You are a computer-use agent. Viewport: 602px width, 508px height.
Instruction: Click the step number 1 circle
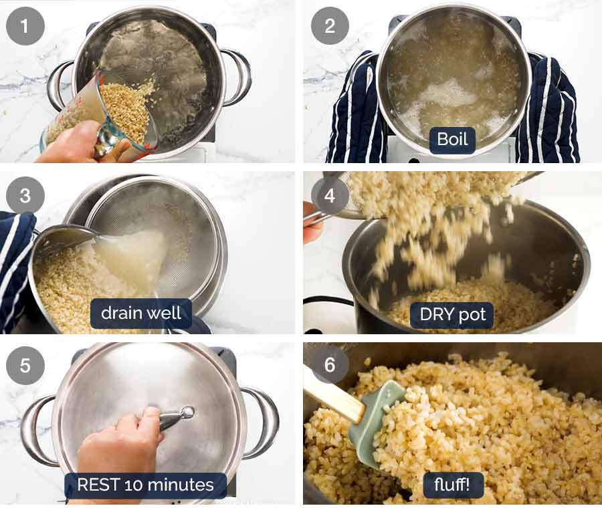pyautogui.click(x=25, y=26)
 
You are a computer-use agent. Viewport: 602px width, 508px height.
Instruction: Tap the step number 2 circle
pyautogui.click(x=330, y=26)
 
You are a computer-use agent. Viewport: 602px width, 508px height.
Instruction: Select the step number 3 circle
pyautogui.click(x=25, y=195)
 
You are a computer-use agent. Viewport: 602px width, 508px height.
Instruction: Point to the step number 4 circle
pyautogui.click(x=330, y=195)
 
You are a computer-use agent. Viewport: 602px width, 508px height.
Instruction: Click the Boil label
pyautogui.click(x=452, y=140)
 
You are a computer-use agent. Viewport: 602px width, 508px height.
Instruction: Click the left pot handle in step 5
pyautogui.click(x=37, y=428)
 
